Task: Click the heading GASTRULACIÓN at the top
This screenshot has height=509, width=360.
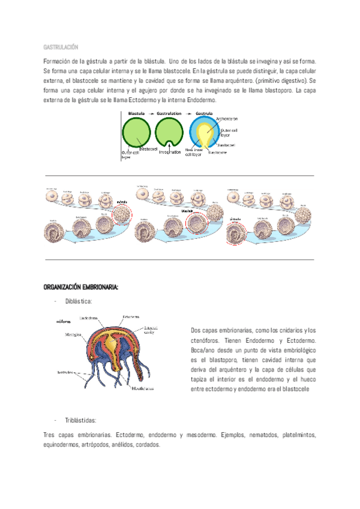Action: coord(61,47)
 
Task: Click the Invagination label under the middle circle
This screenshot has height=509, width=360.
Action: coord(170,152)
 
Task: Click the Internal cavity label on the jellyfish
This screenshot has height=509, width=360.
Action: coord(151,330)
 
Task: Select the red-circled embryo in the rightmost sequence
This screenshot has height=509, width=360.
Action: coord(237,233)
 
